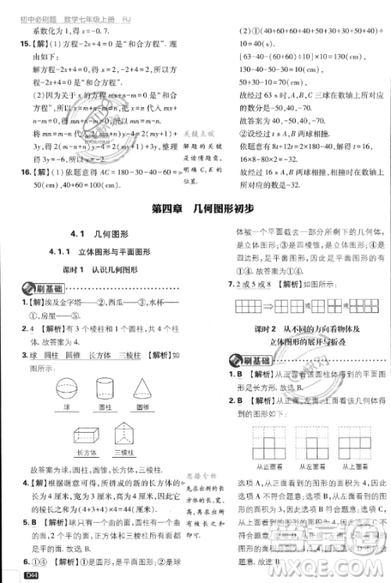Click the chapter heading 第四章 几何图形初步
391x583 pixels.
[x=195, y=207]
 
